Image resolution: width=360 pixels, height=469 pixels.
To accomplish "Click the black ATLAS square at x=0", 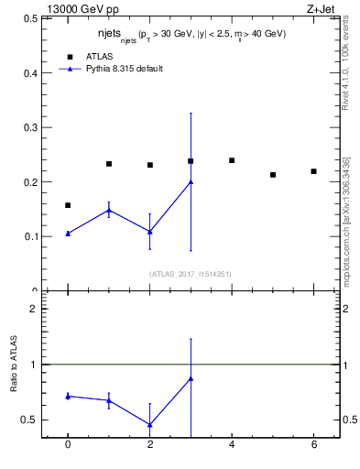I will pos(68,205).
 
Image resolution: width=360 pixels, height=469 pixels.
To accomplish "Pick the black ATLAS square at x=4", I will pos(232,160).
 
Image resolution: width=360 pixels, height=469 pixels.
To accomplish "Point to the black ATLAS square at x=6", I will pos(313,171).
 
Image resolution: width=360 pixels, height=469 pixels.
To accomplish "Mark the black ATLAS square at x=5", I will pos(273,174).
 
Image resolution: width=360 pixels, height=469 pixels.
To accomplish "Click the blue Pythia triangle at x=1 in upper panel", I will pos(109,211).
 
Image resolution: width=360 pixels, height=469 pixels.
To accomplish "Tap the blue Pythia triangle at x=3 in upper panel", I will pos(191,181).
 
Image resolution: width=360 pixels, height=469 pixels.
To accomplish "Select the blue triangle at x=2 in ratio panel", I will pos(149,424).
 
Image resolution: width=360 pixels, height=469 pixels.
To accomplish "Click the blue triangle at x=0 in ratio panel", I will pos(68,396).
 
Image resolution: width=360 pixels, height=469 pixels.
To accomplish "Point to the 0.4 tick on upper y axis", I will pos(32,72).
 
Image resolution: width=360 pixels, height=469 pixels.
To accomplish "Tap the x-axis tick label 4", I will pos(232,445).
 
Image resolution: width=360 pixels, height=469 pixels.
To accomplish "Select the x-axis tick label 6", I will pos(313,445).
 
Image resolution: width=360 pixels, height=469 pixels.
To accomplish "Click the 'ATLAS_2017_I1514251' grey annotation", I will pos(191,273).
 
